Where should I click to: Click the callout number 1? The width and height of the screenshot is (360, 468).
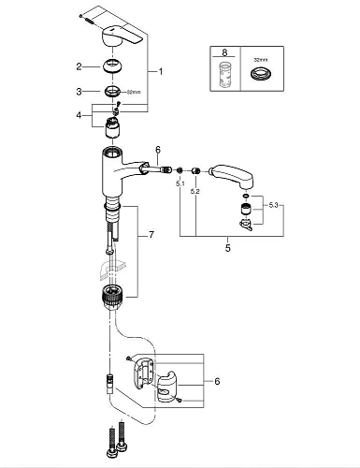coord(162,71)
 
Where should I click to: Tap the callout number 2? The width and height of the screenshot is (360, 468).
coord(81,66)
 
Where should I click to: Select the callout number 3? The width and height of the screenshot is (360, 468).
coord(81,91)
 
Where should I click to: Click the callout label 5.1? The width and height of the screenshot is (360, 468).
coord(180,184)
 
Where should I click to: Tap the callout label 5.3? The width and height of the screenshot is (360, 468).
coord(272,204)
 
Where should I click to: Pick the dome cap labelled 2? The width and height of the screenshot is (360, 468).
coord(118,66)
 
